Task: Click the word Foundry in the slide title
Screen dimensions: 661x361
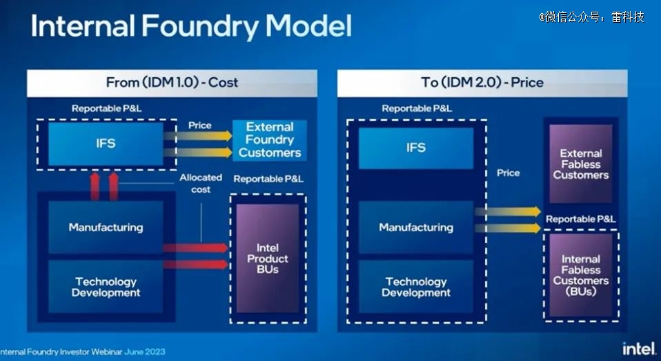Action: click(200, 26)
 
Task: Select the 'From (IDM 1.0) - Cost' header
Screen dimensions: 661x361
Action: click(172, 83)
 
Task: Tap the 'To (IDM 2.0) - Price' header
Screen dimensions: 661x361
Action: click(482, 83)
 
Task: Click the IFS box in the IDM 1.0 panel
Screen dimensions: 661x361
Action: click(106, 144)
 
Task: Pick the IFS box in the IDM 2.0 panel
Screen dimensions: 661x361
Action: click(416, 148)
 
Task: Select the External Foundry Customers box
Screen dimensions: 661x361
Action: click(270, 140)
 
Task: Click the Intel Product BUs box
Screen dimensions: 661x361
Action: click(268, 259)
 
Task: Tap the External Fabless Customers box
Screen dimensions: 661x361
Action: click(581, 164)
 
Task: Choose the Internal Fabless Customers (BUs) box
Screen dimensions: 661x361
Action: click(581, 275)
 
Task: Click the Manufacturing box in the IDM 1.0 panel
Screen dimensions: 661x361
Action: click(106, 227)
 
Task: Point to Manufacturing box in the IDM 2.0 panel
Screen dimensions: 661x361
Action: click(416, 227)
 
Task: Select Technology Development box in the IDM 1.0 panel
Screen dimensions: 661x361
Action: click(106, 286)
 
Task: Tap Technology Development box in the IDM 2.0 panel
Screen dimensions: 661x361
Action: click(416, 286)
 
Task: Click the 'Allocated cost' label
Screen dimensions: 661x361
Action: click(201, 184)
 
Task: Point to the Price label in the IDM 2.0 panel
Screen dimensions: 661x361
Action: click(508, 173)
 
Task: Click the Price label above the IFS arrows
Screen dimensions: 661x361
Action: click(200, 125)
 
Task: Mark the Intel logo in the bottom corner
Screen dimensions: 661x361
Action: click(639, 349)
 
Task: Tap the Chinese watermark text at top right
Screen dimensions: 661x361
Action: click(591, 17)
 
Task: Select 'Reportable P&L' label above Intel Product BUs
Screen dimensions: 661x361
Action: click(268, 179)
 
